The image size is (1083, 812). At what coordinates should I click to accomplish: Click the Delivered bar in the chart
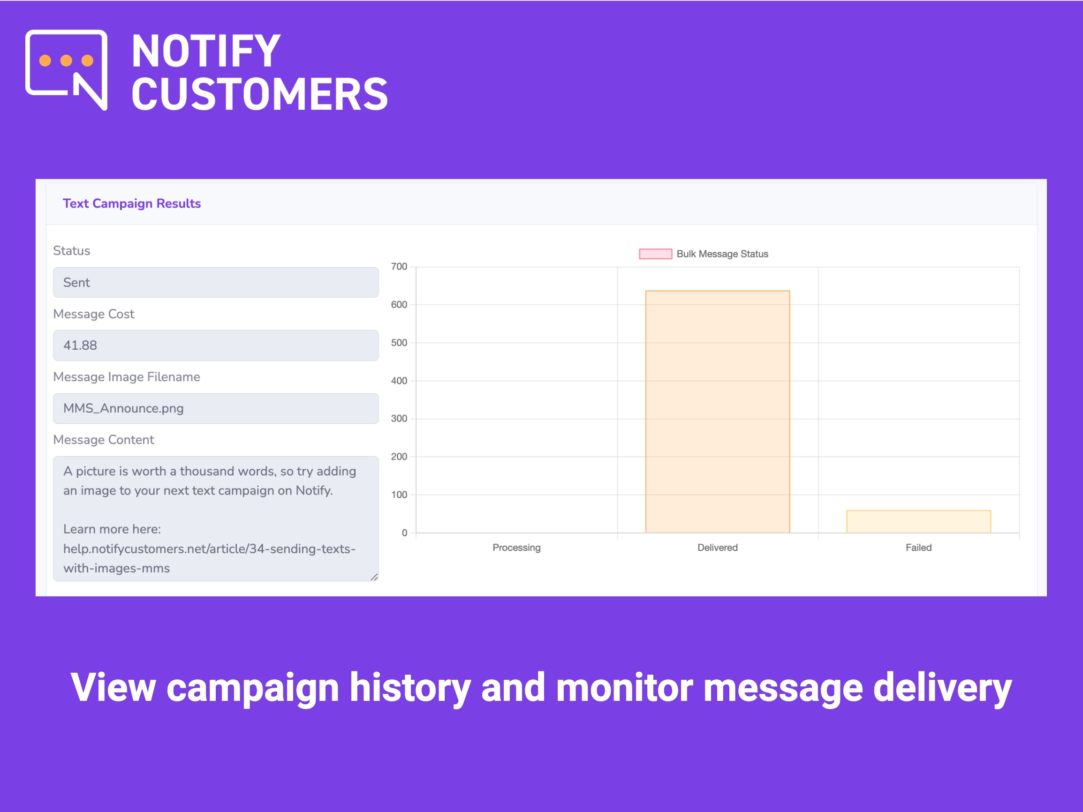tap(717, 412)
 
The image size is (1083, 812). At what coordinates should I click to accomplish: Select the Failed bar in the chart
tap(918, 521)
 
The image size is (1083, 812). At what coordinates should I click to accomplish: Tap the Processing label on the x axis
tap(516, 547)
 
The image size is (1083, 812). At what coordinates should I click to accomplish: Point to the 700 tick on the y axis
tap(399, 267)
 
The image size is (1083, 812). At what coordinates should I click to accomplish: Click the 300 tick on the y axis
tap(399, 419)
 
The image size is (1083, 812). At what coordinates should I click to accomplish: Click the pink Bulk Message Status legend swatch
tap(656, 254)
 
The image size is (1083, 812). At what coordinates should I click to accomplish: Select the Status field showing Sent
tap(216, 282)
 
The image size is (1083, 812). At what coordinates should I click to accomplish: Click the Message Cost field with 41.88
tap(216, 345)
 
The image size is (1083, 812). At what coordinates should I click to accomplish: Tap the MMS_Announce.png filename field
tap(216, 408)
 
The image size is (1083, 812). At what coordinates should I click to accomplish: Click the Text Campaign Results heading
tap(132, 203)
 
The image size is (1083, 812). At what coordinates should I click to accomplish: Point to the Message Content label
tap(103, 440)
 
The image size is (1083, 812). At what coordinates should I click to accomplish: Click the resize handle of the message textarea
tap(374, 577)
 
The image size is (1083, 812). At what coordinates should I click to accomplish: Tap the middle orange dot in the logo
tap(66, 60)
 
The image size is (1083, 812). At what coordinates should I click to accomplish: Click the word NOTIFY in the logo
tap(206, 51)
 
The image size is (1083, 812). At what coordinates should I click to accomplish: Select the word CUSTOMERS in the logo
tap(260, 94)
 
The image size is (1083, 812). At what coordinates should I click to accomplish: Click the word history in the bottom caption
tap(410, 688)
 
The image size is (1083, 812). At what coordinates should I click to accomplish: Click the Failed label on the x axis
tap(918, 547)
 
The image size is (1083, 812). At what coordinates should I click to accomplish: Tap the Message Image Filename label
tap(126, 377)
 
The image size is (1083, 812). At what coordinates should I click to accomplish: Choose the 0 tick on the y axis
tap(404, 533)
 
